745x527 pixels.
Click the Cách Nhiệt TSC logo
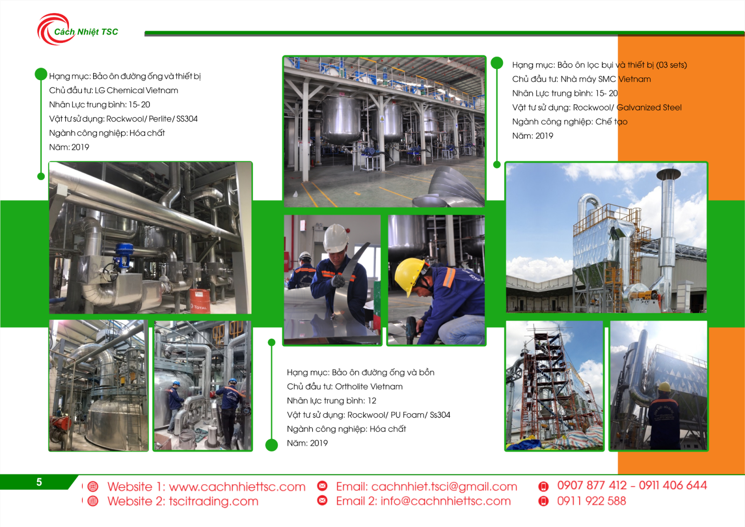77,29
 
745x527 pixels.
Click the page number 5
39,482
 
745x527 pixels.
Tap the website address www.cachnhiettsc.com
237,487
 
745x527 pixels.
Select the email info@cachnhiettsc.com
446,501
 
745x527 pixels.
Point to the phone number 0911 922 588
592,501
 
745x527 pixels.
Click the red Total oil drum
200,301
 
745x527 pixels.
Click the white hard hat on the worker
336,237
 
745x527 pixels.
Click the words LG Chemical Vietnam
136,90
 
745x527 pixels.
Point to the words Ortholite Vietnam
368,386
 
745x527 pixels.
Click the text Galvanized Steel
649,108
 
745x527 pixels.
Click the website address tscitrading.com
214,501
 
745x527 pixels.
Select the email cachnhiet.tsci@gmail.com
444,487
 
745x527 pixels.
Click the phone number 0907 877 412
592,486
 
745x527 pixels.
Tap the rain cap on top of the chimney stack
669,173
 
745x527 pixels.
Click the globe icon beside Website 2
93,501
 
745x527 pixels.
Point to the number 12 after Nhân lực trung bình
372,401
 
